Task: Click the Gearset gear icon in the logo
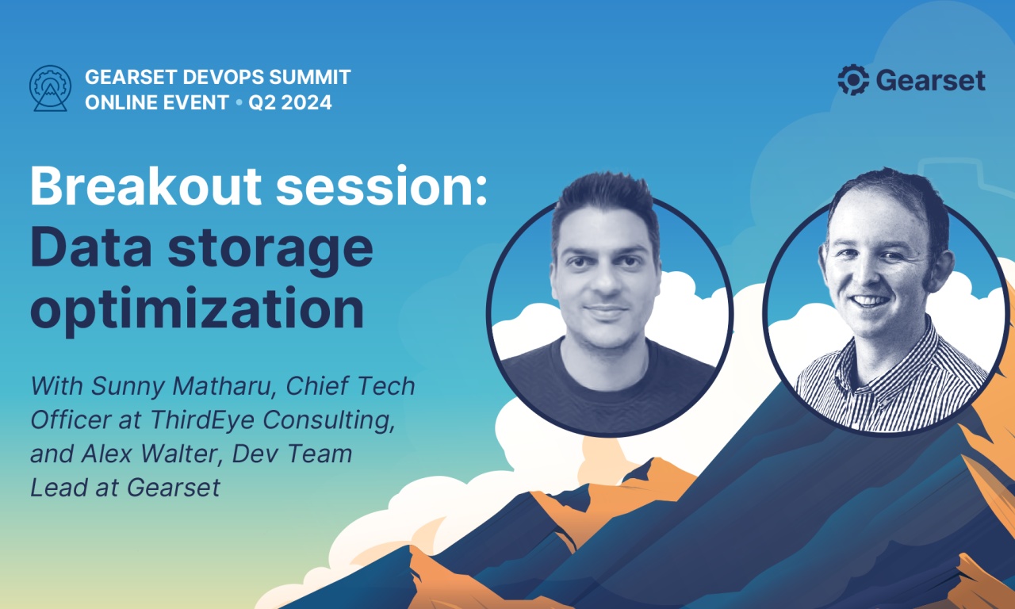853,80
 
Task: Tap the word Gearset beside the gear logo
931,81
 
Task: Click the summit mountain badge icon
50,88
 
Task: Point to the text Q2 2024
290,102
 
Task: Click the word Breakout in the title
146,186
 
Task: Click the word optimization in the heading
197,309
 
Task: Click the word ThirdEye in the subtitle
202,420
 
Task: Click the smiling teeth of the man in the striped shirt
871,301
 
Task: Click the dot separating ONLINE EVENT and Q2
239,103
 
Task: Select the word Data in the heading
90,248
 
